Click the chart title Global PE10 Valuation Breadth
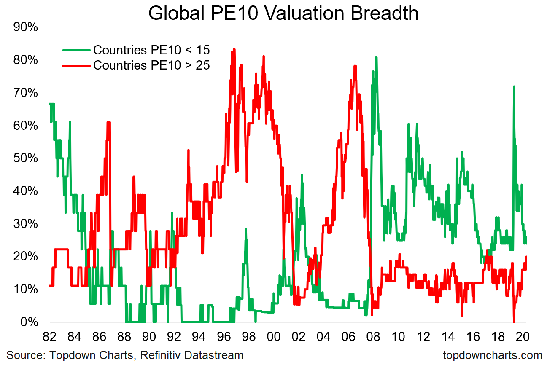pyautogui.click(x=283, y=13)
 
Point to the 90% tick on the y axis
pyautogui.click(x=26, y=28)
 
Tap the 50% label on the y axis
pyautogui.click(x=26, y=158)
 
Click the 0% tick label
pyautogui.click(x=30, y=322)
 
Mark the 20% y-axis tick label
pyautogui.click(x=26, y=257)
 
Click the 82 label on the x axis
pyautogui.click(x=50, y=337)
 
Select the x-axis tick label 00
pyautogui.click(x=274, y=337)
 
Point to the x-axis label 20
pyautogui.click(x=523, y=337)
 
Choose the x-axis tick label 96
pyautogui.click(x=224, y=337)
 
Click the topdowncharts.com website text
pyautogui.click(x=493, y=355)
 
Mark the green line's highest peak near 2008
pyautogui.click(x=376, y=57)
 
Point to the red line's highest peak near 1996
pyautogui.click(x=234, y=49)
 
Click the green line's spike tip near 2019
pyautogui.click(x=513, y=86)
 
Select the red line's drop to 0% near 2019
pyautogui.click(x=514, y=322)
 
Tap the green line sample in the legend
pyautogui.click(x=76, y=50)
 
